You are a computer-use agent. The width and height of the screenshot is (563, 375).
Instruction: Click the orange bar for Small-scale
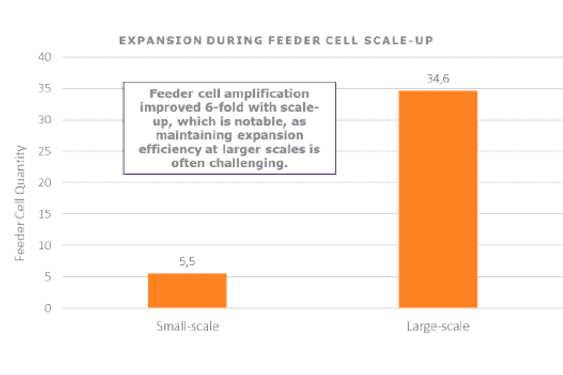point(187,291)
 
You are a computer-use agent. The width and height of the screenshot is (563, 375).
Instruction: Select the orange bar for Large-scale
point(438,200)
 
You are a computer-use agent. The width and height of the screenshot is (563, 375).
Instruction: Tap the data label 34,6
point(438,79)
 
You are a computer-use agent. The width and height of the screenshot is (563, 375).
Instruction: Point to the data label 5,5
point(187,262)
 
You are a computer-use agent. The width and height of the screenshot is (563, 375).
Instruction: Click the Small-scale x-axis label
point(187,327)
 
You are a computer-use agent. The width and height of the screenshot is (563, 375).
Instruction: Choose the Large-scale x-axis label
point(438,327)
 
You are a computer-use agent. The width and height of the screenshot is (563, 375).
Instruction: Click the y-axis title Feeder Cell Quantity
point(21,203)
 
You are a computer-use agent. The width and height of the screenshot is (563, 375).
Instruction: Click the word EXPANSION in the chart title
point(151,41)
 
